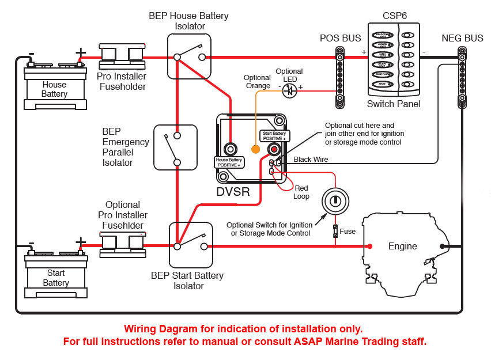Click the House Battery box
[x=55, y=88]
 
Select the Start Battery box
[x=55, y=277]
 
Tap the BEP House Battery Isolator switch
[x=189, y=56]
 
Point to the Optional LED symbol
[x=290, y=90]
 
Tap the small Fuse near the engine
[x=335, y=232]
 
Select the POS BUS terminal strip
[x=340, y=78]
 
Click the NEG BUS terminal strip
[x=462, y=78]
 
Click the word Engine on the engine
[x=402, y=247]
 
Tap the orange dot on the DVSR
[x=256, y=149]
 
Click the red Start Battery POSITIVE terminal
[x=266, y=149]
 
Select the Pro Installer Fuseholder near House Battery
[x=122, y=57]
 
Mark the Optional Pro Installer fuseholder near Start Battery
[x=123, y=245]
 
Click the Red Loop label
[x=301, y=192]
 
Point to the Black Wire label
[x=311, y=159]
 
